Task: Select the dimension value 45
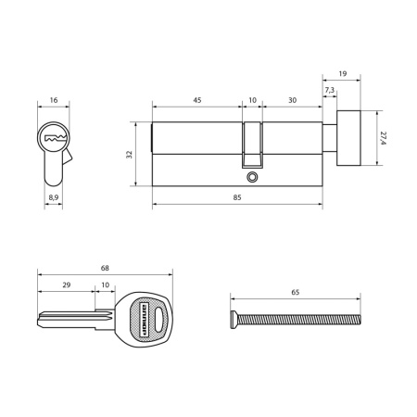pyautogui.click(x=198, y=101)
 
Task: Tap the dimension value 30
pyautogui.click(x=292, y=101)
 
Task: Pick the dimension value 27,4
pyautogui.click(x=385, y=139)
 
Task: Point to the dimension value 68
pyautogui.click(x=104, y=270)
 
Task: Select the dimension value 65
pyautogui.click(x=295, y=293)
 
